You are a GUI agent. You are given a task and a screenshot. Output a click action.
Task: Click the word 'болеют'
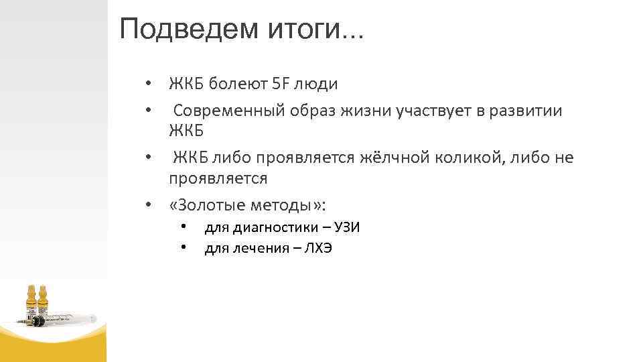[x=237, y=84]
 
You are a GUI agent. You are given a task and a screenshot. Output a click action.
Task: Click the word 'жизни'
[x=352, y=111]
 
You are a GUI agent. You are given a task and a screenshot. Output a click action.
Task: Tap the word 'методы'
[x=286, y=204]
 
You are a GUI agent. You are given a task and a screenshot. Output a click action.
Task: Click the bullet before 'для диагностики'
[x=182, y=227]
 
